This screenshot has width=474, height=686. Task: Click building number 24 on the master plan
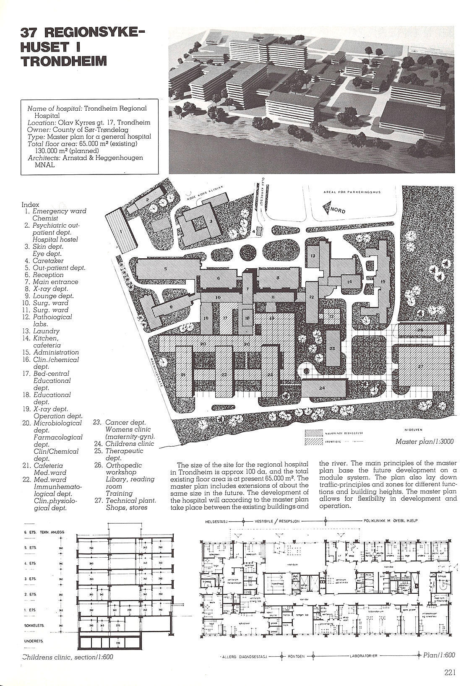[x=322, y=388]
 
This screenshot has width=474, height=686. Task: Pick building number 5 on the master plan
[x=166, y=268]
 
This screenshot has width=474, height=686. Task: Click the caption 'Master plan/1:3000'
[x=424, y=442]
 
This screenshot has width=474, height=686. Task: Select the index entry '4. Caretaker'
[x=44, y=260]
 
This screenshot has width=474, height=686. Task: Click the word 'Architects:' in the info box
[x=44, y=158]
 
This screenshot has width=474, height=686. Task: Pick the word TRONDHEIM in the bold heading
[x=63, y=61]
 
